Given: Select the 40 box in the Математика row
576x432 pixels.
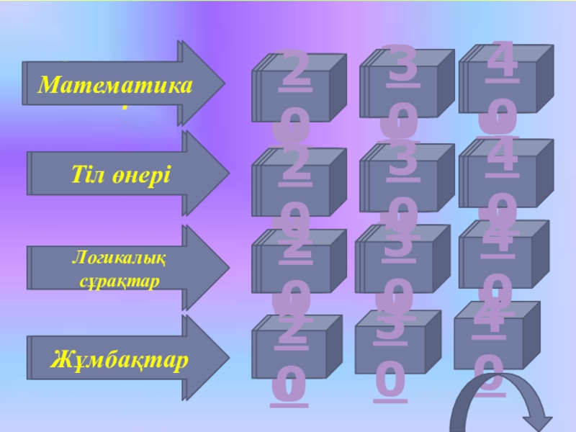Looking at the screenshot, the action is [505, 83].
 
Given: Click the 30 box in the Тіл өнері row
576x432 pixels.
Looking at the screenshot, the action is [404, 181].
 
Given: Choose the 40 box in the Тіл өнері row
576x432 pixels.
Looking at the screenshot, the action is [505, 176].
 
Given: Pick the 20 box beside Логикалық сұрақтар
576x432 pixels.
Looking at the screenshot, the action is [295, 267].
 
